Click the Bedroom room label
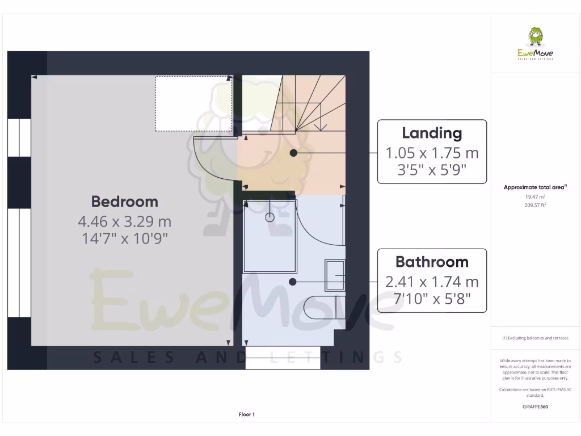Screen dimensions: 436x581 [x=124, y=202]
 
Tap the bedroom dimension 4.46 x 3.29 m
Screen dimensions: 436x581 [x=124, y=221]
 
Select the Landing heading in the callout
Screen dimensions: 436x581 [x=432, y=133]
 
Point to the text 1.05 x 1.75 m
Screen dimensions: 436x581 [x=432, y=153]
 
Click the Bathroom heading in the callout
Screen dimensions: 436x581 [x=432, y=262]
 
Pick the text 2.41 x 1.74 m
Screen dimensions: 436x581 [x=432, y=282]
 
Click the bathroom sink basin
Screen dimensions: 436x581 [x=335, y=275]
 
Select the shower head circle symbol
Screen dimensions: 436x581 [x=270, y=216]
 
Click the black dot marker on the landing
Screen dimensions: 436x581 [x=293, y=153]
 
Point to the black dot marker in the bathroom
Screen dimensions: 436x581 [x=292, y=282]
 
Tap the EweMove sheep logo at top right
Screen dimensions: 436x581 [x=535, y=37]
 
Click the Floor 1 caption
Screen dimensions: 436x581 [x=246, y=414]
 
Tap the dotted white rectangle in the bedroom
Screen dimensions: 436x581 [x=193, y=104]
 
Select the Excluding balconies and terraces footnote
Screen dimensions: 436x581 [x=535, y=338]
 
